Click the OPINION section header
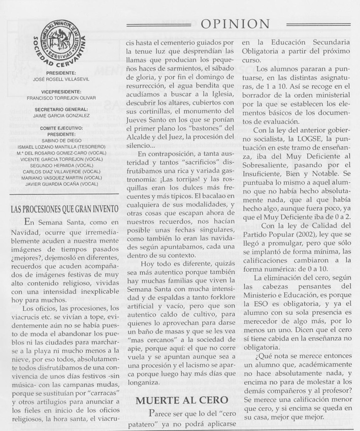(235, 23)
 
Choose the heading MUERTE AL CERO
(174, 401)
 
